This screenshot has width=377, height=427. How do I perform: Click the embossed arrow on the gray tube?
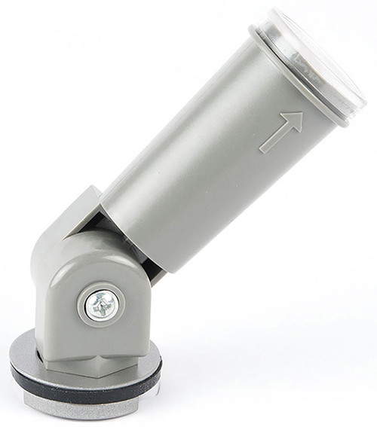(282, 133)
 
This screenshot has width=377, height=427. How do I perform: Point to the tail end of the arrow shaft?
(265, 149)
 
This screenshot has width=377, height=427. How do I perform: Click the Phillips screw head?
(101, 304)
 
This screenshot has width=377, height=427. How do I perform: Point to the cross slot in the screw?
(101, 304)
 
